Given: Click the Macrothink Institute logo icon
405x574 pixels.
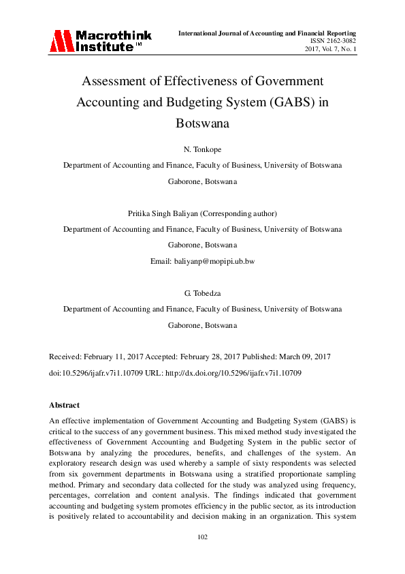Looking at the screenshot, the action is pos(61,41).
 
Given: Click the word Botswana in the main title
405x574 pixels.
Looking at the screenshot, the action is pos(202,124).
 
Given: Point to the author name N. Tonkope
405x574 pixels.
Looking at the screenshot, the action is pos(202,149).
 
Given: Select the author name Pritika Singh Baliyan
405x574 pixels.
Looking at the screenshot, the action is pos(160,214).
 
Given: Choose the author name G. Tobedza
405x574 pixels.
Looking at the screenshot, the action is pos(202,294).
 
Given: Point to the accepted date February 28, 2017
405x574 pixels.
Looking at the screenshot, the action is pos(209,357).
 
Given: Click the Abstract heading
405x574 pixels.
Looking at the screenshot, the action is pos(65,405).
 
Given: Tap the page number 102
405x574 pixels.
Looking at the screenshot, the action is pos(202,537).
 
